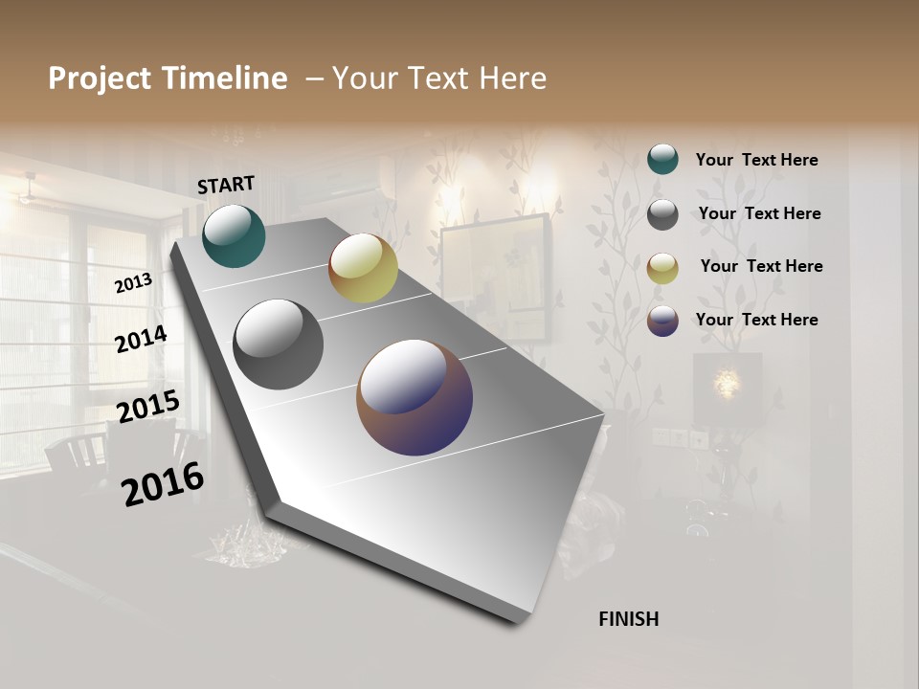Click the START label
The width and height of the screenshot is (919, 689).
click(226, 185)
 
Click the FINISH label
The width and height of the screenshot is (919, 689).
click(628, 619)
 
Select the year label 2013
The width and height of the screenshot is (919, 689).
click(133, 283)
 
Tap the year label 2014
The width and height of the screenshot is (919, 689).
click(141, 340)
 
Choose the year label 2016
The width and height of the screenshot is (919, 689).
click(163, 484)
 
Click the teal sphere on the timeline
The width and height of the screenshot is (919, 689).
click(234, 235)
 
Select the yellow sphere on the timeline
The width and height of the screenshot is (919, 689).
click(363, 268)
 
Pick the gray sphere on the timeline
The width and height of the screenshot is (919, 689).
click(278, 344)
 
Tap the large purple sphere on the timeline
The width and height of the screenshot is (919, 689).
click(415, 397)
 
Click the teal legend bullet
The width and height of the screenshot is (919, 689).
click(662, 159)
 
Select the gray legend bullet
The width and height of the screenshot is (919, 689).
click(662, 214)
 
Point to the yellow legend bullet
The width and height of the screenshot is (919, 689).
click(662, 268)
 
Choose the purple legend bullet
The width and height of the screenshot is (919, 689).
click(662, 321)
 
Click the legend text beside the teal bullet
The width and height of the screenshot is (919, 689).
click(756, 161)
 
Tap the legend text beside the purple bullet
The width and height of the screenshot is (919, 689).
click(756, 320)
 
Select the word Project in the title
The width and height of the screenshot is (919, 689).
click(100, 78)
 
